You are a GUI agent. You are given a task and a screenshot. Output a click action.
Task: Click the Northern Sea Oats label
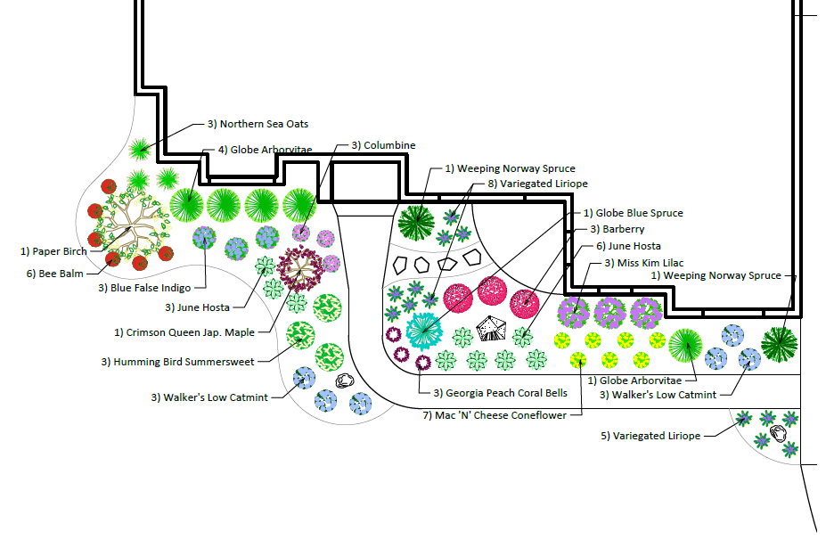pos(258,124)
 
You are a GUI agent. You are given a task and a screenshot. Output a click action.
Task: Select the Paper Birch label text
pos(53,251)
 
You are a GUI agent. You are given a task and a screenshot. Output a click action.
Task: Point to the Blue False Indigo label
pos(145,288)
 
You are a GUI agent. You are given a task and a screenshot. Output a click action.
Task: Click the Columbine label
pos(383,145)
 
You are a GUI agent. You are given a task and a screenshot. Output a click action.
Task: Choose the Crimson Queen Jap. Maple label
pos(184,332)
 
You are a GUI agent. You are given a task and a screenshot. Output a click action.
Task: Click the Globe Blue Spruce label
pos(634,213)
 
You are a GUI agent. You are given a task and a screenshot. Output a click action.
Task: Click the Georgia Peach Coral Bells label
pos(500,392)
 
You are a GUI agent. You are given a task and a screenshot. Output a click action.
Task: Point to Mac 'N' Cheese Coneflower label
pos(494,415)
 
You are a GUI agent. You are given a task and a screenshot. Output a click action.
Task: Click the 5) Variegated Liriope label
pos(650,436)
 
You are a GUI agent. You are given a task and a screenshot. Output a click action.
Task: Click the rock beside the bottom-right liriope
pos(779,434)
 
